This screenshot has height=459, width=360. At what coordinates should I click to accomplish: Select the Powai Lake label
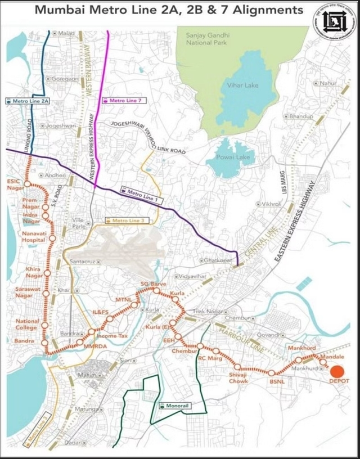tap(227, 159)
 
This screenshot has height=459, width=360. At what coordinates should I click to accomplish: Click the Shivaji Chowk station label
tap(238, 379)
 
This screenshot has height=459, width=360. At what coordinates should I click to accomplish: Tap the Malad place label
tap(66, 34)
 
